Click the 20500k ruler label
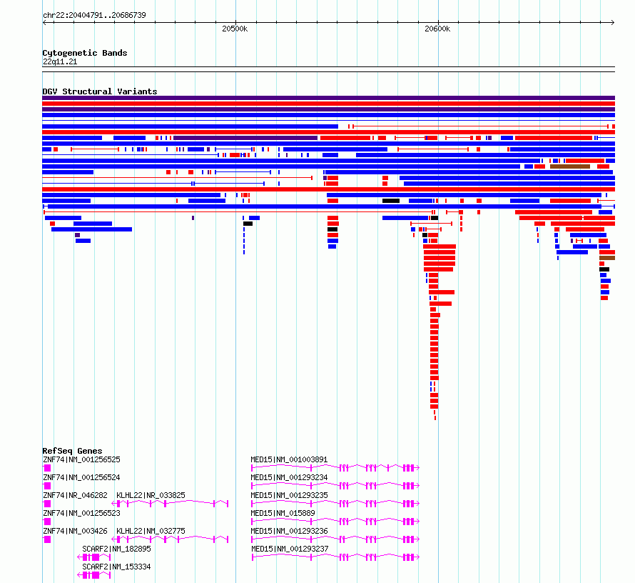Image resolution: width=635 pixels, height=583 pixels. (x=235, y=29)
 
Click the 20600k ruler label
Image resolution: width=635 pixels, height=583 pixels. (x=437, y=29)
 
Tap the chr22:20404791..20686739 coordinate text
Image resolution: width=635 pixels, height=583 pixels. (x=94, y=15)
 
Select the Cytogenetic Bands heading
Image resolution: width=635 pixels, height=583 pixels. (x=85, y=53)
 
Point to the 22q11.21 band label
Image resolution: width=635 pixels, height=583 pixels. (x=60, y=61)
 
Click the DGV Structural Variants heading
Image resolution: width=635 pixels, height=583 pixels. (x=100, y=91)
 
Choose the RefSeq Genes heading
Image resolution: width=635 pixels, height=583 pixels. (x=72, y=451)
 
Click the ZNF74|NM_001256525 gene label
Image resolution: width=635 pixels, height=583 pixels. (x=81, y=459)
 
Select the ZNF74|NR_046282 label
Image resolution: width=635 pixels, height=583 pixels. (x=76, y=495)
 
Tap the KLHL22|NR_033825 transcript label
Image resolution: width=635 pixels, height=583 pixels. (x=151, y=495)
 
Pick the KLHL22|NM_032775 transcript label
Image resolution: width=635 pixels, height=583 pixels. (x=151, y=531)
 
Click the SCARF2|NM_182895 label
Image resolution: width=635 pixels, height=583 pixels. (x=116, y=549)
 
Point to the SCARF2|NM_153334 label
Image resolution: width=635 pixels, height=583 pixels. (x=116, y=567)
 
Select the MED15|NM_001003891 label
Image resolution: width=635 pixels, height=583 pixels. (x=289, y=459)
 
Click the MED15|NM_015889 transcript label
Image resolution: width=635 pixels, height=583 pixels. (x=283, y=513)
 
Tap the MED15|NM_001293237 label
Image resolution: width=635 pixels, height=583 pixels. (x=290, y=549)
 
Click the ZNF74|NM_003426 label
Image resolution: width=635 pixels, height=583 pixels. (x=76, y=531)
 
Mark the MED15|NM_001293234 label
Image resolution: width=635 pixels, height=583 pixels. (x=289, y=477)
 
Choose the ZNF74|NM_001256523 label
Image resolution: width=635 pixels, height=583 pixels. (x=81, y=513)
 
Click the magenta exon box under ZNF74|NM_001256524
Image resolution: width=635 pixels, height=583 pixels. (x=47, y=486)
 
